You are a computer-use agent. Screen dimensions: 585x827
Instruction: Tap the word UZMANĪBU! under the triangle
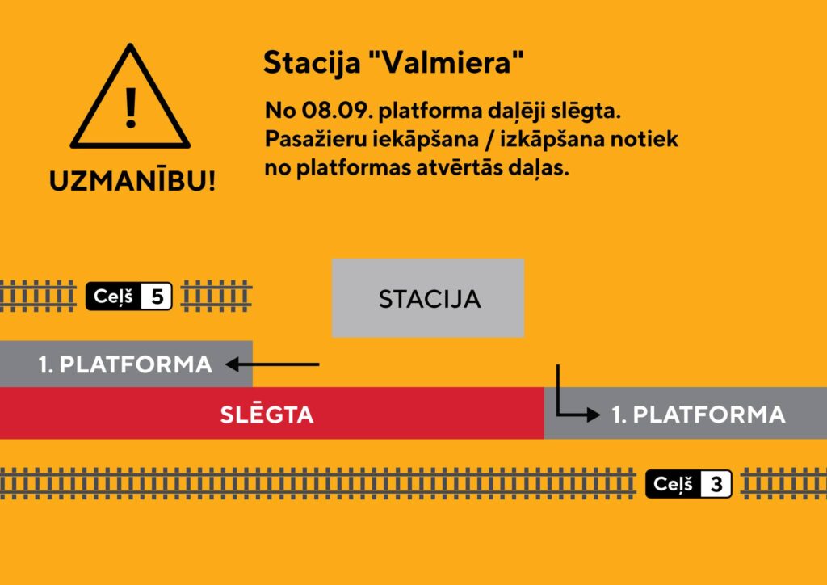[132, 181]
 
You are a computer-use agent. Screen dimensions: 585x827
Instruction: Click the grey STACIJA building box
[428, 298]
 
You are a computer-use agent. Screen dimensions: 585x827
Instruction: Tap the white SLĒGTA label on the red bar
[267, 415]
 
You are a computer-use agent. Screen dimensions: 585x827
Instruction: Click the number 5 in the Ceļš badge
[157, 297]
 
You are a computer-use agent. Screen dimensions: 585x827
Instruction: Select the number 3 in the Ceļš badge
[716, 485]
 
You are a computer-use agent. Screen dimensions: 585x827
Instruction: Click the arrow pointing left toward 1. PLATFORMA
[272, 364]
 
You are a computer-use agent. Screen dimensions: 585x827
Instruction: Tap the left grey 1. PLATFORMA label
[125, 364]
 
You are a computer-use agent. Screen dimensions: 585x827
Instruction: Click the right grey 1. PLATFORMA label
[698, 415]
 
